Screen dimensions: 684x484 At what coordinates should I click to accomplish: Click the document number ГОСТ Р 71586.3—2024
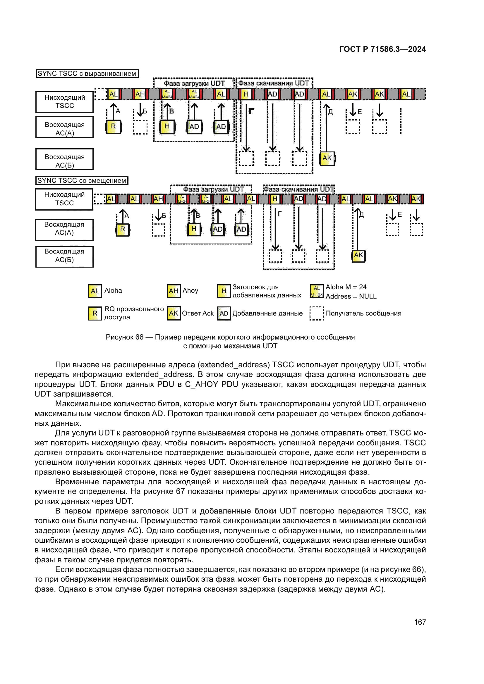click(382, 49)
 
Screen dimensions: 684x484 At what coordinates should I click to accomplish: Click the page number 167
click(420, 622)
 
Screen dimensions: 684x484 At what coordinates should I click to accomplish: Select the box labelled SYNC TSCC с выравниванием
click(87, 73)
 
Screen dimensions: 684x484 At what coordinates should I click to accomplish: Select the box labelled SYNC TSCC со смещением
click(82, 180)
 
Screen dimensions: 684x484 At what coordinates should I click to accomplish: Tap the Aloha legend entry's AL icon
click(95, 291)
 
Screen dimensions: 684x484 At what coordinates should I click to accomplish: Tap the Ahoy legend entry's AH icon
click(174, 291)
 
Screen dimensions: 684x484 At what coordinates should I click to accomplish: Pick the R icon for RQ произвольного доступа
click(95, 313)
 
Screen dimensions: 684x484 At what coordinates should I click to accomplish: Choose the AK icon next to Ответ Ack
click(174, 313)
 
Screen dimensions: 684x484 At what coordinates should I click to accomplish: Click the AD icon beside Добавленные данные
click(224, 313)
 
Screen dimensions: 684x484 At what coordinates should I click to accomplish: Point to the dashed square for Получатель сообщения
click(317, 313)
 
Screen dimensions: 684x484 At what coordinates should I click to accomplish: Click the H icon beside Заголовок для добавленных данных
click(224, 291)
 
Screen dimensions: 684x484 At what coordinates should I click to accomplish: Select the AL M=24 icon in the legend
click(317, 291)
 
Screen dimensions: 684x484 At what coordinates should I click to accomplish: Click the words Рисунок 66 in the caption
click(124, 337)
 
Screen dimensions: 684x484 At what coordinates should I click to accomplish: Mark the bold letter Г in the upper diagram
click(251, 111)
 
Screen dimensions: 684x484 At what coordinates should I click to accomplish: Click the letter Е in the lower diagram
click(400, 214)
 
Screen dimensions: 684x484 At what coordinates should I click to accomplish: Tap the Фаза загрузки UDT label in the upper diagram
click(194, 83)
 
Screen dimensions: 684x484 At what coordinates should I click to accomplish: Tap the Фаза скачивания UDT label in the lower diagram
click(298, 189)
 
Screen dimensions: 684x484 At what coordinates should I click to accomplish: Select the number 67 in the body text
click(180, 491)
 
